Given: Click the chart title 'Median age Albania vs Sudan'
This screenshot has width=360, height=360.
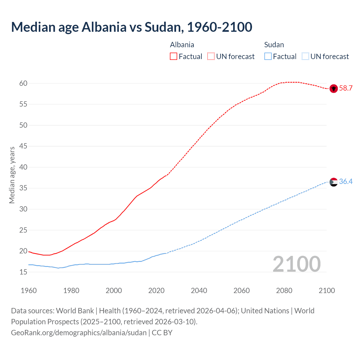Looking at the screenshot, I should point(131,27).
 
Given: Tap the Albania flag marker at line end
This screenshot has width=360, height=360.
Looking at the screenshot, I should point(334,89).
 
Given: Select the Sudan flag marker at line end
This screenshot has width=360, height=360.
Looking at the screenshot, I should point(334,182).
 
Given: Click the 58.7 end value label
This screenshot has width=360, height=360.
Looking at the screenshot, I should point(346,88).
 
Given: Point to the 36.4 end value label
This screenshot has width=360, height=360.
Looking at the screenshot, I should point(346,182).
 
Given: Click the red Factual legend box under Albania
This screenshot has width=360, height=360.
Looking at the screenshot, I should point(174,57).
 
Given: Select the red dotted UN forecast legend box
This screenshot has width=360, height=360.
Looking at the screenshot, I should point(211,57).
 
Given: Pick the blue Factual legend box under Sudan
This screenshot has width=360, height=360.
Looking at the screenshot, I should point(268,57).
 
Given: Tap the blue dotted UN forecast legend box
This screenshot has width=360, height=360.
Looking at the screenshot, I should point(305,57).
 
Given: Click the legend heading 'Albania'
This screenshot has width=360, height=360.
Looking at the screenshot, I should point(182,45).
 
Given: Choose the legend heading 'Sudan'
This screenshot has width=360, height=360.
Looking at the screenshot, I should point(274,45).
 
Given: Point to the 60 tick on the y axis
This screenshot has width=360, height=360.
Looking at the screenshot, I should point(23,83).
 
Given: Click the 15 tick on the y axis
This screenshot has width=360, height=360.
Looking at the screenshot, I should point(23,272).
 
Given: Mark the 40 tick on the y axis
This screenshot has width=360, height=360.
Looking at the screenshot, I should point(23,167).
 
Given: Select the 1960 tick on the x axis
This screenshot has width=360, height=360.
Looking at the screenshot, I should point(29,291).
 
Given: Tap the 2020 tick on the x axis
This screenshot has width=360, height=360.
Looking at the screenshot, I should point(156,291).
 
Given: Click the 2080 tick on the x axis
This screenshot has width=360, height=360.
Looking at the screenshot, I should point(284,291).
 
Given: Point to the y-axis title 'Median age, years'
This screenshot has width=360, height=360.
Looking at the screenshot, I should point(12,175).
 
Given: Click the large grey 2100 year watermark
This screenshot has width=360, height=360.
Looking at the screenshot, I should point(296,264).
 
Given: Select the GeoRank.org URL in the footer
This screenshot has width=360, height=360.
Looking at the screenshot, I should point(79,333).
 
